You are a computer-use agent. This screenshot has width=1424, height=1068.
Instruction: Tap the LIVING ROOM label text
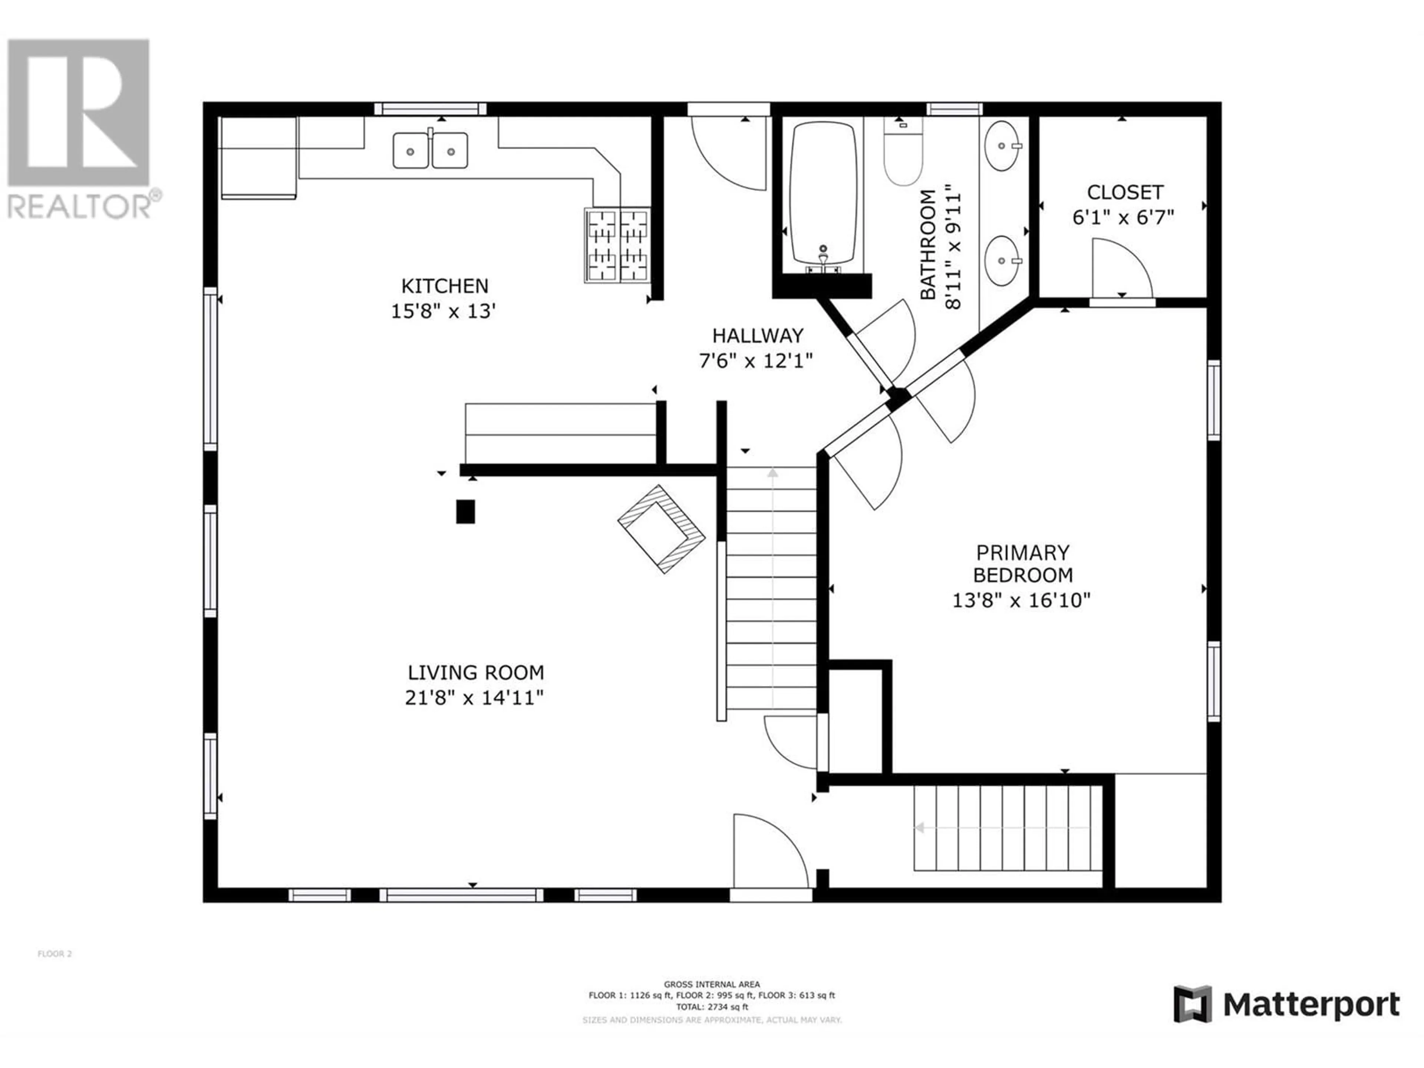[476, 673]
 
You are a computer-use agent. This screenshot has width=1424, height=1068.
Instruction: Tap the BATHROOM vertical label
[928, 245]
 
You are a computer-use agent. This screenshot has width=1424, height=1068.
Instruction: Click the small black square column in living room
[465, 512]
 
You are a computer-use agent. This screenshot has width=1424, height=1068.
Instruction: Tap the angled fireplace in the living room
[661, 528]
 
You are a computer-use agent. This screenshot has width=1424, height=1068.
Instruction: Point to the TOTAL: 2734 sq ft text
[712, 1007]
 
